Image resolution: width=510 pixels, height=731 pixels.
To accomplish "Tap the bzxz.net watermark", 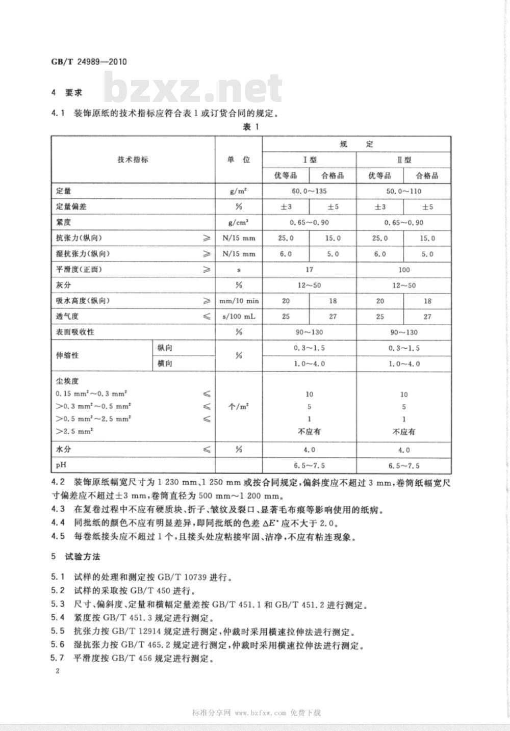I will pos(193,89).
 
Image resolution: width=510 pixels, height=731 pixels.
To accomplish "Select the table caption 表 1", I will pos(251,127).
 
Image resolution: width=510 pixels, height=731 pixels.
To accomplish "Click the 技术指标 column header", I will pos(133,159).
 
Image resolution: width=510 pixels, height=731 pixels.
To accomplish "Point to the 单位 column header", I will pos(238,159).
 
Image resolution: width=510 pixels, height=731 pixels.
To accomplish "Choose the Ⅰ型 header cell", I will pos(309,160).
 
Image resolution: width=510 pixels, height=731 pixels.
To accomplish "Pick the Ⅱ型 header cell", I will pos(404,160).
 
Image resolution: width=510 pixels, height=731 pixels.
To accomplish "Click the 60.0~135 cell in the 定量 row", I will pos(309,192).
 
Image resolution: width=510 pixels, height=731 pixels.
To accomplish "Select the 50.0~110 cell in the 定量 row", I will pos(404,192).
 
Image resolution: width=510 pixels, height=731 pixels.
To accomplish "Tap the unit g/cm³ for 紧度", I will pos(238,223).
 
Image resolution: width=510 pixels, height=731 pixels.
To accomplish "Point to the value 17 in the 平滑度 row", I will pos(309,270).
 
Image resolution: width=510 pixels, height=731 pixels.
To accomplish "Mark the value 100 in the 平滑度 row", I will pos(404,270).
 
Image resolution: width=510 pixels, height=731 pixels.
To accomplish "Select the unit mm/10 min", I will pos(238,301).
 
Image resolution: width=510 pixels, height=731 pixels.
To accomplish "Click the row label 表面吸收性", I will pos(75,332).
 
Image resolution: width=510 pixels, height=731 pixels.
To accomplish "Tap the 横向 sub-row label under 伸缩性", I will pos(165,363).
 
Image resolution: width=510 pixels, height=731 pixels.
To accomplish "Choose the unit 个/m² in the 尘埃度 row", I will pos(238,407).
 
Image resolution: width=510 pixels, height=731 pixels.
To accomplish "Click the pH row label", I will pos(61,465).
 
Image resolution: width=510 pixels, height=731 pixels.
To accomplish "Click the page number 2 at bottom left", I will pos(57,671).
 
